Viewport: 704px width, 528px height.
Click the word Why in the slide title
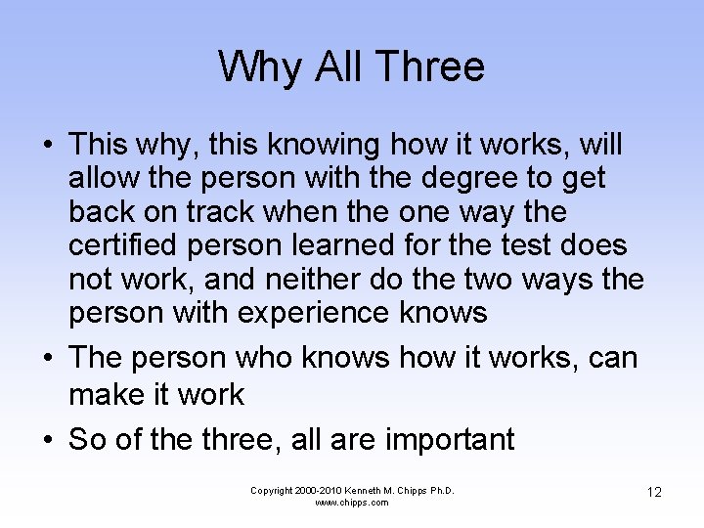tap(249, 66)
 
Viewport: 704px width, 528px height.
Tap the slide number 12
tap(654, 492)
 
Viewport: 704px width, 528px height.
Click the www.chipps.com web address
tap(352, 503)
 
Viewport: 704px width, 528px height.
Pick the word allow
tap(103, 179)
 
